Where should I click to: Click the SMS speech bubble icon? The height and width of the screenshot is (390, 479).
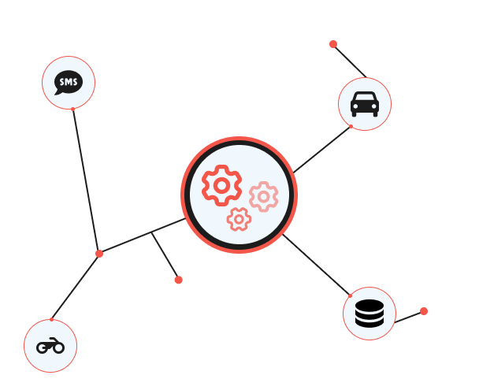pos(69,83)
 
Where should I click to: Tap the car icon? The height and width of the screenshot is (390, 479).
pos(365,104)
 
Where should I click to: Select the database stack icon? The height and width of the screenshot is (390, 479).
pos(369,314)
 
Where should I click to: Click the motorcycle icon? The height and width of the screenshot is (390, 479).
pos(50,345)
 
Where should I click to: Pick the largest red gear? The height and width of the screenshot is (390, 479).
pos(221,185)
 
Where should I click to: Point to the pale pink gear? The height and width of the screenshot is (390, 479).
pos(263,196)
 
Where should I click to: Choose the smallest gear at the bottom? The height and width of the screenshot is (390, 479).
pos(239,219)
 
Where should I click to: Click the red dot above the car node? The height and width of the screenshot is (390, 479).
pos(333,44)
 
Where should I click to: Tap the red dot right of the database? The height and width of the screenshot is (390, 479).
pos(424,311)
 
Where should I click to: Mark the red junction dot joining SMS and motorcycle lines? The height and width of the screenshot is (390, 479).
pos(99,254)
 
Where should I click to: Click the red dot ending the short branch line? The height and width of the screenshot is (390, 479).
pos(179,280)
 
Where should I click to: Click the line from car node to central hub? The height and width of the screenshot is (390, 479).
pos(323,149)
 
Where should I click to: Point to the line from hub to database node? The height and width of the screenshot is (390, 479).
pos(317,266)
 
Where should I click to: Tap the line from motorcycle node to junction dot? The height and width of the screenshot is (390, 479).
pos(76,286)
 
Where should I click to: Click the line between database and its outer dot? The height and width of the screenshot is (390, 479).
pos(409,317)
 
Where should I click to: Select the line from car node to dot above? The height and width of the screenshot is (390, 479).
pos(350,61)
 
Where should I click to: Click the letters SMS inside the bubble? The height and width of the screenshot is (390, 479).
pos(69,81)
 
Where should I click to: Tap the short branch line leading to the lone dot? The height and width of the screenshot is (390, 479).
pos(165,256)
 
